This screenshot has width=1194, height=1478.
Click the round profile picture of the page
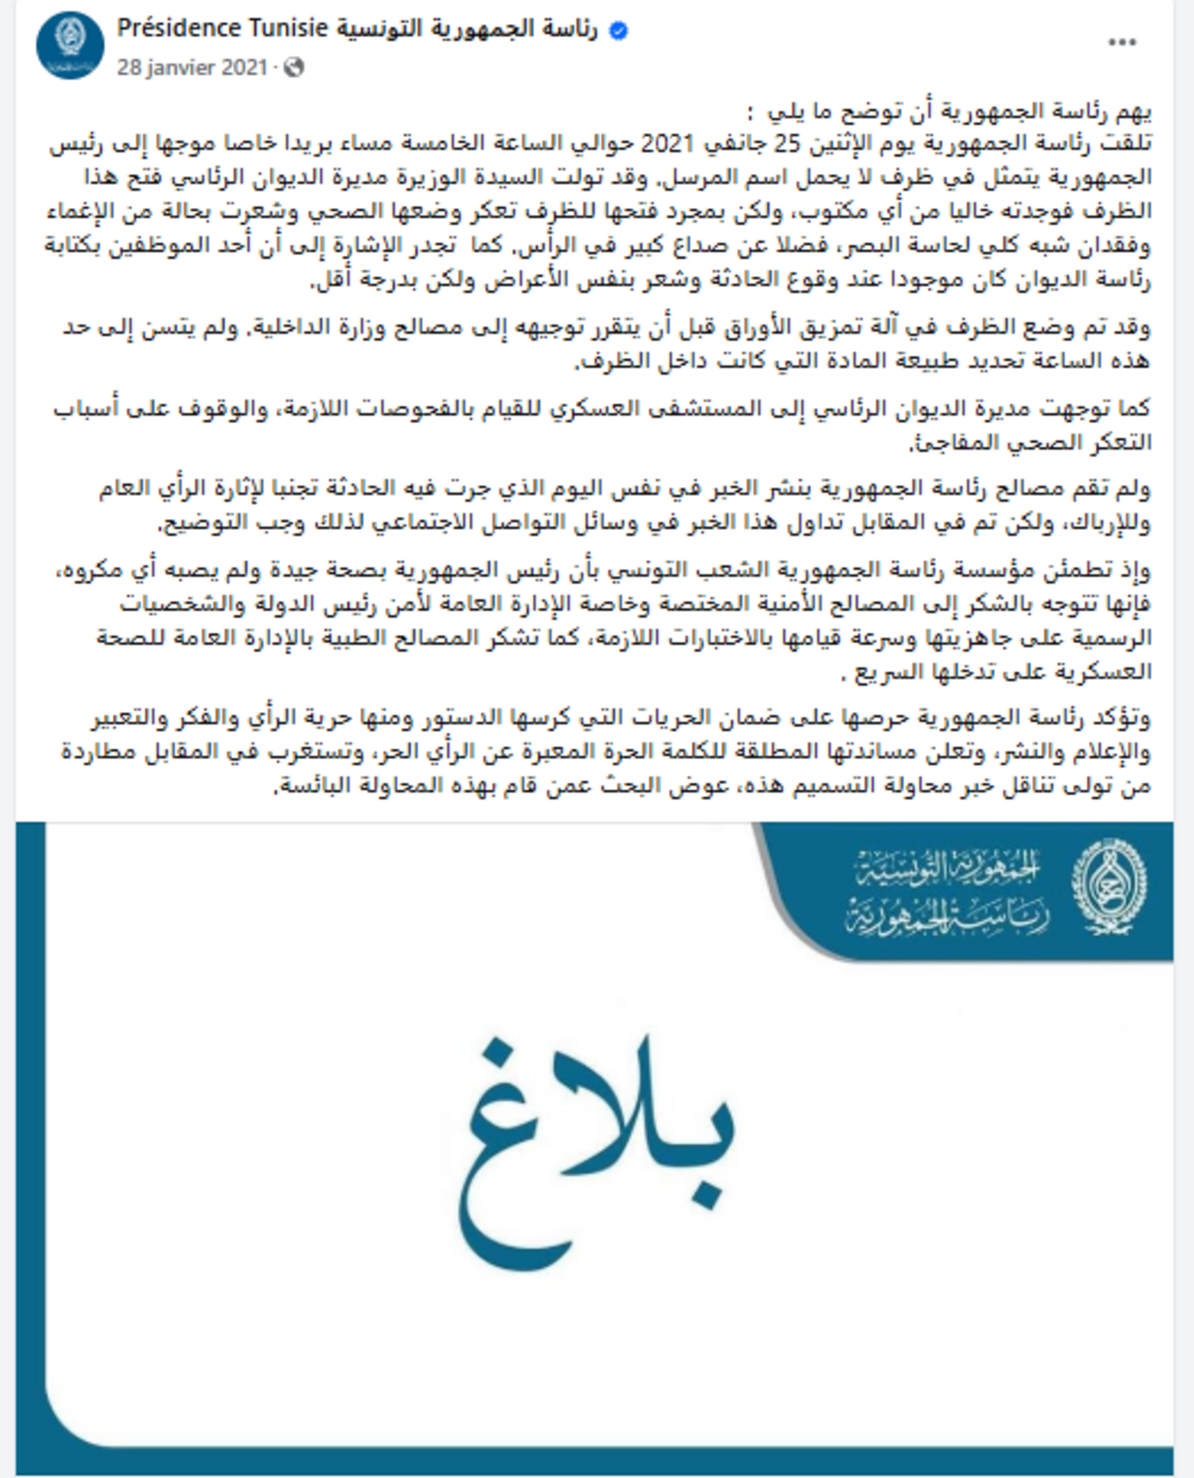click(x=70, y=46)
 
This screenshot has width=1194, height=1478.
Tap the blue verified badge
click(x=618, y=31)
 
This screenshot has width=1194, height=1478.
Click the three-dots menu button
click(x=1122, y=43)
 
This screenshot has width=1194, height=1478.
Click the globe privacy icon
click(x=294, y=67)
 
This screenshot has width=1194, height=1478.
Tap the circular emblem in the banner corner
click(x=1109, y=888)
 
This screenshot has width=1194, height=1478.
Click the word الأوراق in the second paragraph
click(x=734, y=327)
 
